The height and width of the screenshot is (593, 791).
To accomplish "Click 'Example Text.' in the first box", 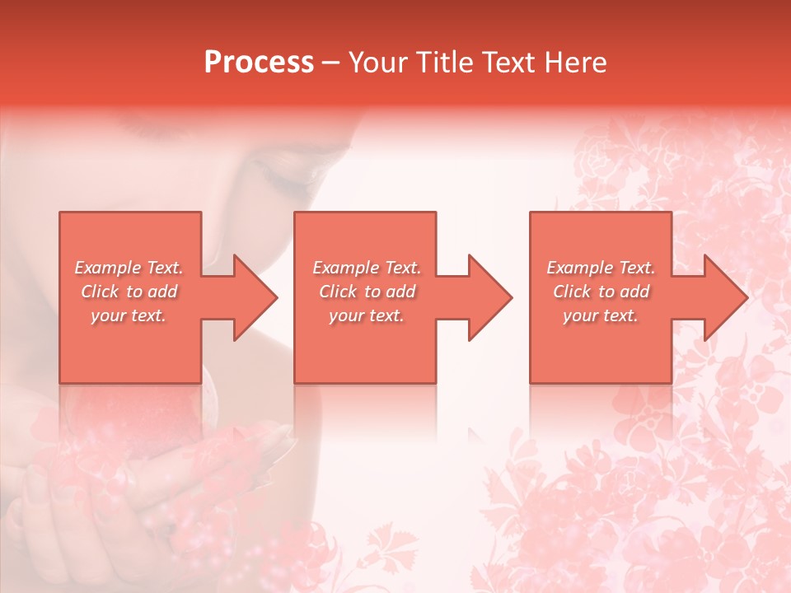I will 129,268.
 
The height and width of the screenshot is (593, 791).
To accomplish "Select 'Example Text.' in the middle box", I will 367,268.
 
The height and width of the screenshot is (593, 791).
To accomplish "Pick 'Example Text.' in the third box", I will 601,268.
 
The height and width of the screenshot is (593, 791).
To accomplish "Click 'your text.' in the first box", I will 129,315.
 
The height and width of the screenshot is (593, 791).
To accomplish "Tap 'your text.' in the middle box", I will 367,315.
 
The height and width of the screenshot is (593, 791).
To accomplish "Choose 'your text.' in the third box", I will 601,315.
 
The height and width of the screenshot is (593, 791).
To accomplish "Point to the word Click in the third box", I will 573,292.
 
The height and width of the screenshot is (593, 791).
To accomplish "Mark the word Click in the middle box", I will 339,292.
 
